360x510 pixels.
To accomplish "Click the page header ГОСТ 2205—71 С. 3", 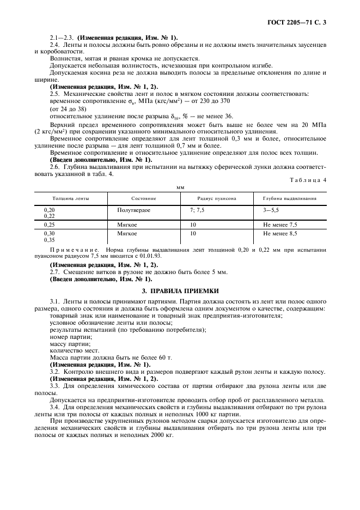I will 300,23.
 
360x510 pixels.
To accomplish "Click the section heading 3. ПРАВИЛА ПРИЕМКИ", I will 179,292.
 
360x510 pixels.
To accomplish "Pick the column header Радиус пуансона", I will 211,198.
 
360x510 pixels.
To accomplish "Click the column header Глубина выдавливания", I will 290,198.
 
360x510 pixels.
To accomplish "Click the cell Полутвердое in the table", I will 133,210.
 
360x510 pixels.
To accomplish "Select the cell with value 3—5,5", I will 273,210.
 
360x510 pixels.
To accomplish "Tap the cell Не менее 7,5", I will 280,224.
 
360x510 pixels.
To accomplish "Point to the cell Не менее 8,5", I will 280,234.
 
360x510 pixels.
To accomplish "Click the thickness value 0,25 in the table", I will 49,224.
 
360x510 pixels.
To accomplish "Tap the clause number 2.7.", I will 55,271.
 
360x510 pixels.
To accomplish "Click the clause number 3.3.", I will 55,386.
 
